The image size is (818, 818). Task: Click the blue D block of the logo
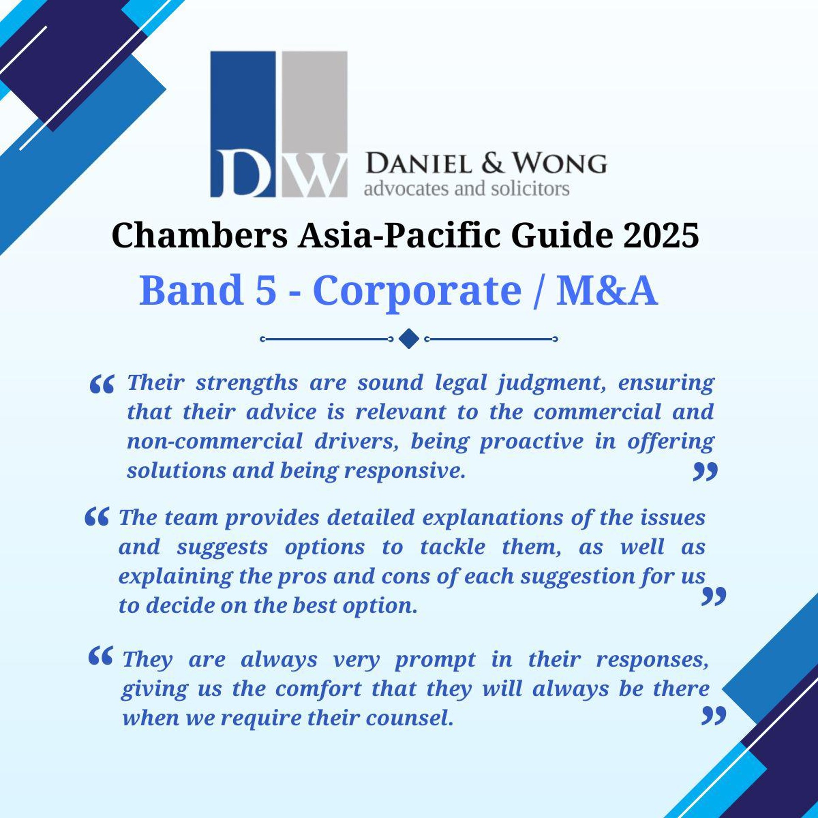click(243, 124)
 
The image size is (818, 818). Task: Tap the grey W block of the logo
click(314, 124)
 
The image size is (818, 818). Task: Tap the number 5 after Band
click(266, 290)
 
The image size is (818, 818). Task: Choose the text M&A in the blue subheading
click(607, 290)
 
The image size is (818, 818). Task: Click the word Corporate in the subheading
click(417, 292)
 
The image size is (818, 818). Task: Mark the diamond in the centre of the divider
click(409, 339)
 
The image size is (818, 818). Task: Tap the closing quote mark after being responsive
click(705, 471)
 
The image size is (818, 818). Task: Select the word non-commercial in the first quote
click(215, 442)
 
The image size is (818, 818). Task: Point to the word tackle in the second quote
click(453, 546)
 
